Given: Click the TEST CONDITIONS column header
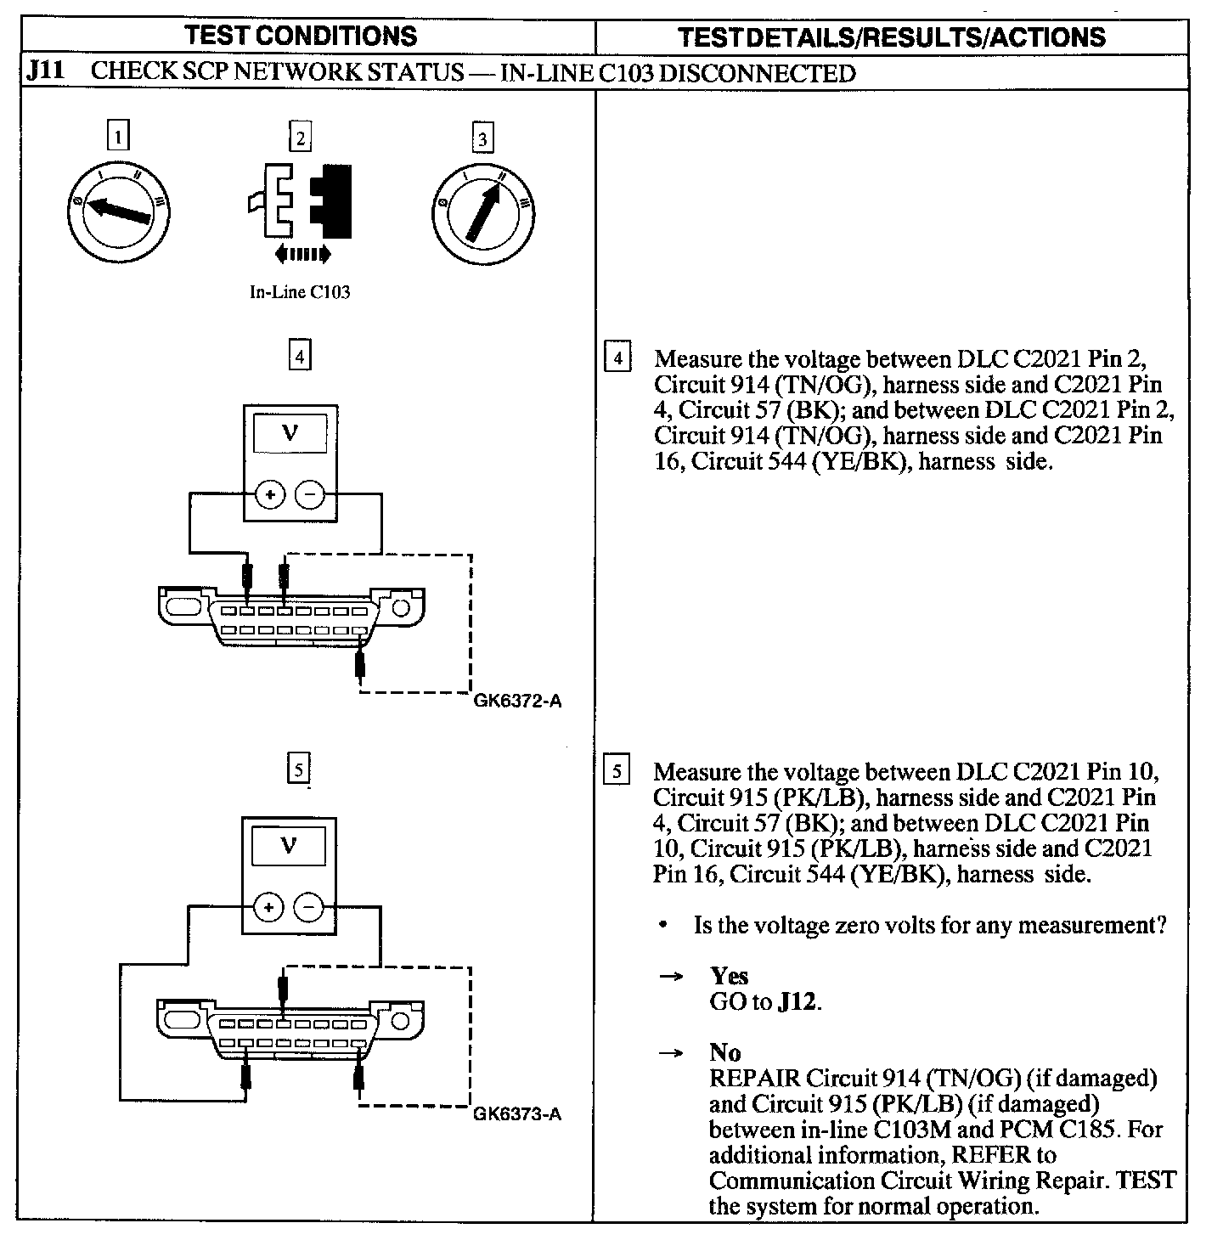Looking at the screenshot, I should coord(302,36).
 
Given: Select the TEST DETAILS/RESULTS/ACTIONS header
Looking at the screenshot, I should coord(892,37).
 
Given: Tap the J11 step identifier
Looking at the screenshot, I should coord(44,71).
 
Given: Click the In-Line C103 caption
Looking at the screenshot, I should coord(299,292).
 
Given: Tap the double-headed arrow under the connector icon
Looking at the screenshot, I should coord(303,253).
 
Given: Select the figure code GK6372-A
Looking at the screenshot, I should coord(517,702).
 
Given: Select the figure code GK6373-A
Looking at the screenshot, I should coord(517,1113).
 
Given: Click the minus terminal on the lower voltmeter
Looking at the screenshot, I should coord(307,908).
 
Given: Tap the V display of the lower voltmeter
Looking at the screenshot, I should coord(289,846).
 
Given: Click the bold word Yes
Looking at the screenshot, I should coord(729,976).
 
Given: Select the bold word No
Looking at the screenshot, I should coord(724,1052).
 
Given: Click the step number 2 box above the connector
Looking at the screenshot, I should coord(300,138).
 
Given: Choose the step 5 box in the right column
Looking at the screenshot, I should coord(617,771).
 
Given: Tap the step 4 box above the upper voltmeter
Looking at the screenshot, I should coord(299,355).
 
